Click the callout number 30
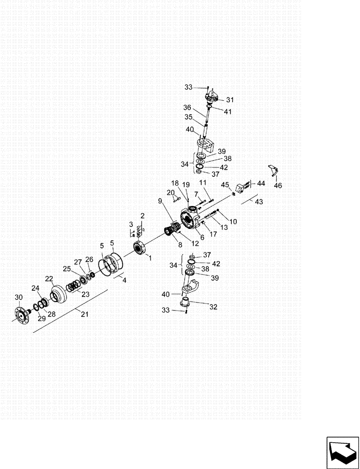point(18,297)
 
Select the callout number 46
point(278,186)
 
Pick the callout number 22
point(49,279)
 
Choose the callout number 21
point(84,314)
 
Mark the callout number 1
point(150,257)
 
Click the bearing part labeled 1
point(139,247)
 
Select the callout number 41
point(228,112)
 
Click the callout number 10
point(233,221)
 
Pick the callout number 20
point(171,193)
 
